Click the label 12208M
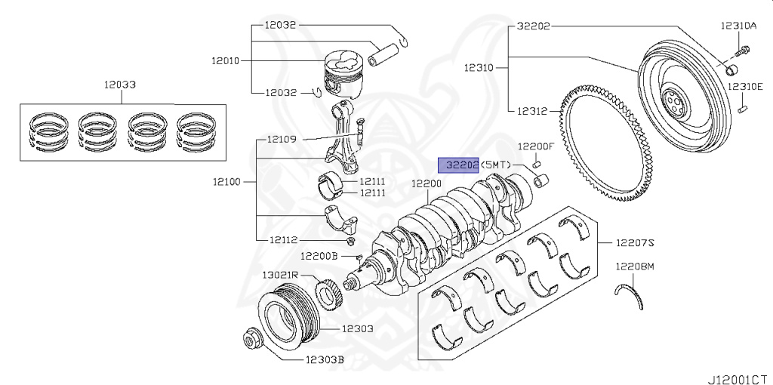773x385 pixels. pos(634,266)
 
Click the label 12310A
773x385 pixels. pos(738,26)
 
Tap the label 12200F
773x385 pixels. pos(536,146)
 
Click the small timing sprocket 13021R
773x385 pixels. pos(329,294)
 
